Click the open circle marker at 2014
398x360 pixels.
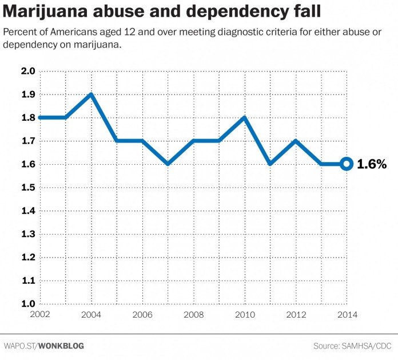tap(346, 164)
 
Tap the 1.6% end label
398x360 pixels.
tap(372, 164)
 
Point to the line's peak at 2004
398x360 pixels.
tap(90, 94)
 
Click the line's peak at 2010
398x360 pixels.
tap(244, 117)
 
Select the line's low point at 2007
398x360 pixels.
tap(167, 164)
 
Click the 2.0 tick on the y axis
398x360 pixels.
tap(28, 71)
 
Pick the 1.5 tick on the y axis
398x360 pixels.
tap(28, 188)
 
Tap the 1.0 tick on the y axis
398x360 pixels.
tap(28, 304)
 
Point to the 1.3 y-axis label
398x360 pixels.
tap(28, 234)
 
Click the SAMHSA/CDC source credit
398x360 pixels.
tap(360, 346)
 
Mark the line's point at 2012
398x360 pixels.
tap(295, 141)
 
